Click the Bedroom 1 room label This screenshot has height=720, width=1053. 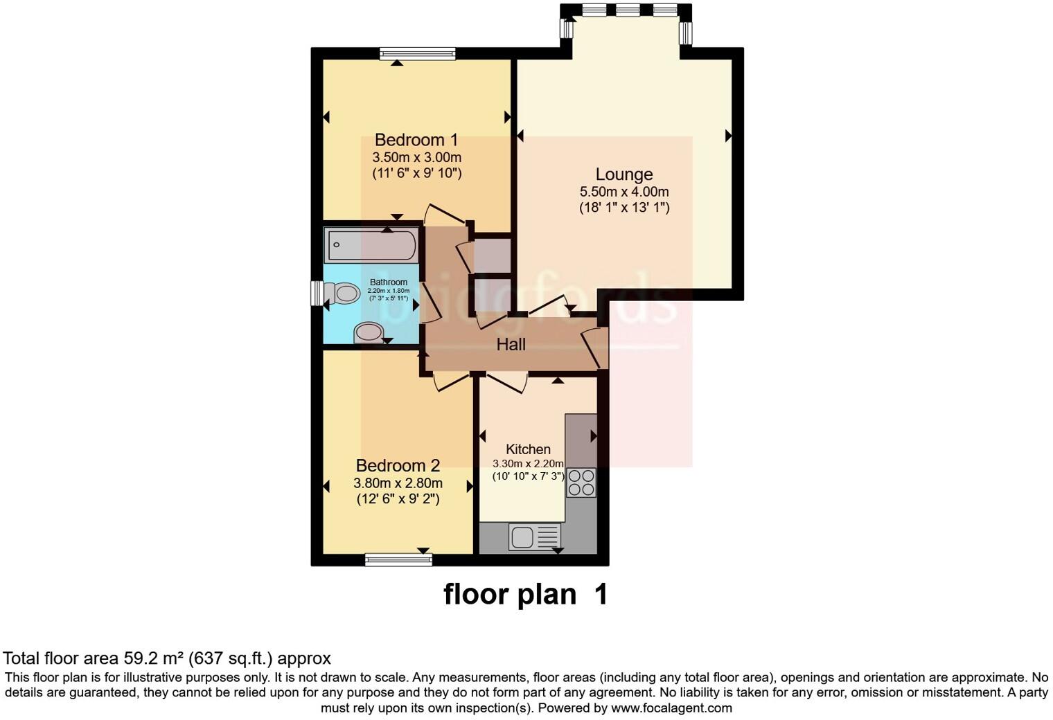coord(416,140)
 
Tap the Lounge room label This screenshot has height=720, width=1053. coord(623,174)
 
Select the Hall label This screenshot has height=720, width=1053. coord(511,344)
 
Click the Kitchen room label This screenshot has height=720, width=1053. coord(528,449)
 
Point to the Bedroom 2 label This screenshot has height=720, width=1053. coord(398,465)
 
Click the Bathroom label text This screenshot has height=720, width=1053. coord(388,282)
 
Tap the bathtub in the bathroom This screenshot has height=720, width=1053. coord(371,245)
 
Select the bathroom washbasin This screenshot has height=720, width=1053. coord(369,333)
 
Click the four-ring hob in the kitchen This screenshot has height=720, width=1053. coord(581,482)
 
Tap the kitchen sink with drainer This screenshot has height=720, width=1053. coord(534,537)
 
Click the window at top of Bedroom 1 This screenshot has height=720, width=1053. coord(417,53)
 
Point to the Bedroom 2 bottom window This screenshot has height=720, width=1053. coord(398,559)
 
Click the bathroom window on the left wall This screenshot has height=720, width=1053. coord(317,293)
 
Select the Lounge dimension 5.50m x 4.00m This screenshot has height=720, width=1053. coord(624,192)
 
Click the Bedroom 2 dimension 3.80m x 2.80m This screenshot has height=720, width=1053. coord(398,483)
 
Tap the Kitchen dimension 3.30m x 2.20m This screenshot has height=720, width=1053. coord(528,463)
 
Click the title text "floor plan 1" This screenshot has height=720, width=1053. coord(525,594)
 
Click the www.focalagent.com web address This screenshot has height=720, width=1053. coord(671,708)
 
